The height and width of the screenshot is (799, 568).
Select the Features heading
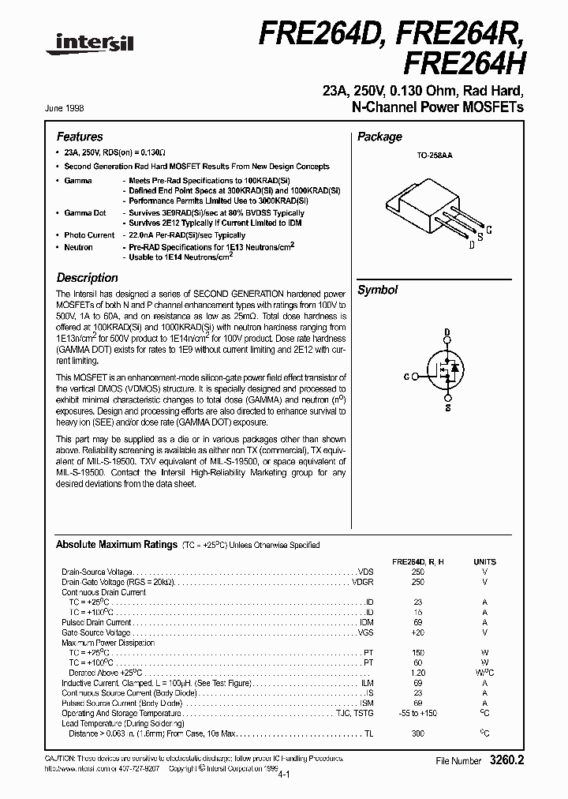[80, 137]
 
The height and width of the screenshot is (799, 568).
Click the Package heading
[379, 137]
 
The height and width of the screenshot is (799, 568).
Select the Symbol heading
[377, 290]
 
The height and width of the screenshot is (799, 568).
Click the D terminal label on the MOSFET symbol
[447, 332]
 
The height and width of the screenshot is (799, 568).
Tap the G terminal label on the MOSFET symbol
[406, 377]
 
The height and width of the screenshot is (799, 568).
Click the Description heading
[87, 278]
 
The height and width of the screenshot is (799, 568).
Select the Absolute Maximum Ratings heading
[116, 545]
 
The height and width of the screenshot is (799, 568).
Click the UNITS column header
[484, 561]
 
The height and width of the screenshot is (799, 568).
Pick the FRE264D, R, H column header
[417, 561]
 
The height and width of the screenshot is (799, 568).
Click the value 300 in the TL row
[417, 733]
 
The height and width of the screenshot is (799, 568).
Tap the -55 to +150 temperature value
[417, 713]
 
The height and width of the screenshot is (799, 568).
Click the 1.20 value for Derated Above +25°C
[417, 673]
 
